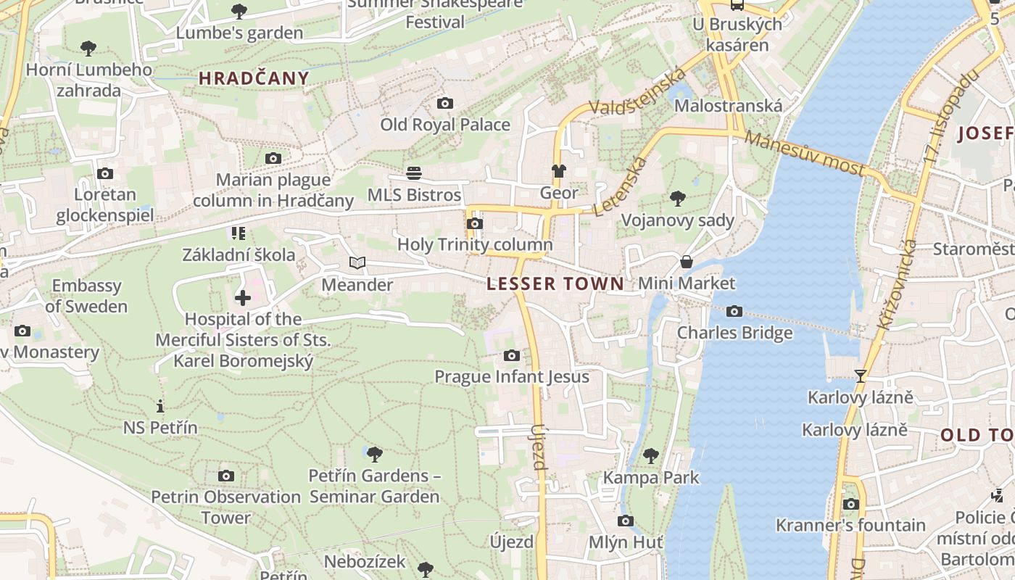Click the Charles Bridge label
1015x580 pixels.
(x=734, y=333)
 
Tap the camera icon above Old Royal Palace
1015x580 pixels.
(x=445, y=104)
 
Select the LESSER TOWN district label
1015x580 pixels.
(x=555, y=284)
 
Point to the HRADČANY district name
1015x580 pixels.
(x=254, y=78)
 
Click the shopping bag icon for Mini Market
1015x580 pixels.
(x=686, y=262)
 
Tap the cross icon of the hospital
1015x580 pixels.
(x=243, y=298)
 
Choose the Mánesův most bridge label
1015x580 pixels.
(x=805, y=154)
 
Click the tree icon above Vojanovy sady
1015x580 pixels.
(x=678, y=198)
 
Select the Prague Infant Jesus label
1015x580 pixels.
(x=511, y=377)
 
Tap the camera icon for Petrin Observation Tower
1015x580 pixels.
(x=226, y=476)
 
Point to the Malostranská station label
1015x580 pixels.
(x=728, y=106)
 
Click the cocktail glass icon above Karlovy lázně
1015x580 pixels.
(x=861, y=376)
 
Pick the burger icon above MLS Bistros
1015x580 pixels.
(x=414, y=173)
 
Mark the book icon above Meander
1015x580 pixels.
(x=357, y=263)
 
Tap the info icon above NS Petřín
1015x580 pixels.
(x=160, y=406)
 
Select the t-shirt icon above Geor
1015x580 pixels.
(x=558, y=171)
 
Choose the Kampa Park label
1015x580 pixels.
(x=651, y=478)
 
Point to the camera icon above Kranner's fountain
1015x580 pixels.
(x=850, y=504)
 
